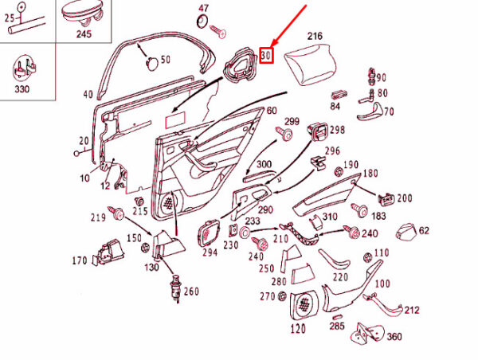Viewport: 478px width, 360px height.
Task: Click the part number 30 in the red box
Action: [266, 56]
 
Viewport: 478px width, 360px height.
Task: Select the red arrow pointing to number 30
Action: [288, 27]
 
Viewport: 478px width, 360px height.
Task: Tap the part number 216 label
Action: [315, 36]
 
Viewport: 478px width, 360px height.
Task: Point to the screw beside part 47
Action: [218, 31]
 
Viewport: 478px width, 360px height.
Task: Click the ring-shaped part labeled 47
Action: [202, 21]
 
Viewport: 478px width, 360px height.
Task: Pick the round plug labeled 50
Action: [152, 63]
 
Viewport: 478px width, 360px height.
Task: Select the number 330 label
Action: [22, 89]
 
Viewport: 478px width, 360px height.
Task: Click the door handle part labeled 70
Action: [370, 112]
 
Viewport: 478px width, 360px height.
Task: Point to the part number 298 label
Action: [337, 130]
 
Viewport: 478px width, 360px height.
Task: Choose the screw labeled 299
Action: [284, 134]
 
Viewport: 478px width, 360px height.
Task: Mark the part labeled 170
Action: [108, 252]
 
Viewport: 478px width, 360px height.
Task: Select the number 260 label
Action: [191, 292]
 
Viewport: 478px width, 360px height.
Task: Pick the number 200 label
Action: [405, 198]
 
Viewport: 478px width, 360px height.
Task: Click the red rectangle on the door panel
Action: [175, 120]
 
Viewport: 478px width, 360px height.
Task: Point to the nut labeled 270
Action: [282, 295]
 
